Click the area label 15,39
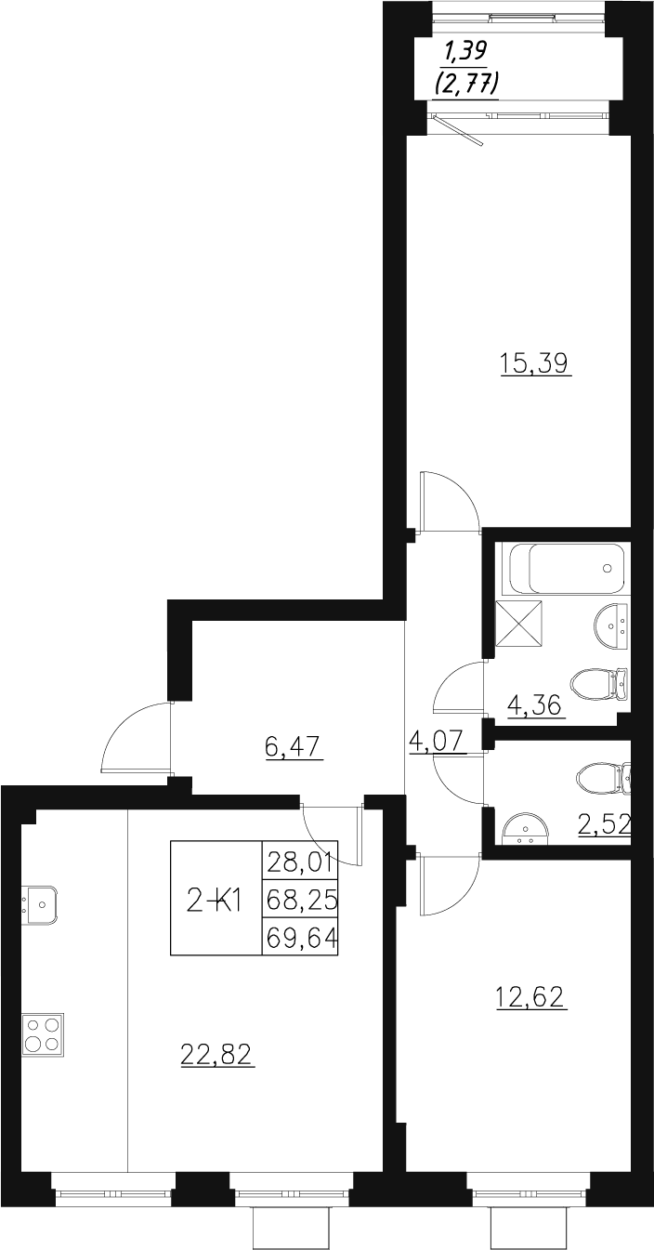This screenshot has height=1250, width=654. pyautogui.click(x=534, y=362)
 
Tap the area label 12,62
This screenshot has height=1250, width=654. pyautogui.click(x=529, y=998)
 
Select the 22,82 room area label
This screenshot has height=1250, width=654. pyautogui.click(x=216, y=1054)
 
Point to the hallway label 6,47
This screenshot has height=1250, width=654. pyautogui.click(x=294, y=747)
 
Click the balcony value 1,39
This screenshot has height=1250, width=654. pyautogui.click(x=468, y=52)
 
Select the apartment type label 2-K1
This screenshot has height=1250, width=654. pyautogui.click(x=216, y=899)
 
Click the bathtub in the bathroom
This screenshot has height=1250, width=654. pyautogui.click(x=567, y=568)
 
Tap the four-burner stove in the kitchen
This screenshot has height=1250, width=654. pyautogui.click(x=43, y=1033)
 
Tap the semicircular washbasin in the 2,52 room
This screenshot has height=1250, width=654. pyautogui.click(x=526, y=827)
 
